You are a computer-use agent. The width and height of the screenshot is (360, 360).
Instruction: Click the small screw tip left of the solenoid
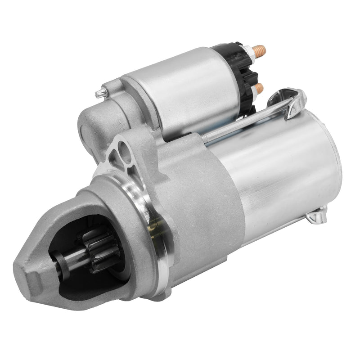99,93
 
